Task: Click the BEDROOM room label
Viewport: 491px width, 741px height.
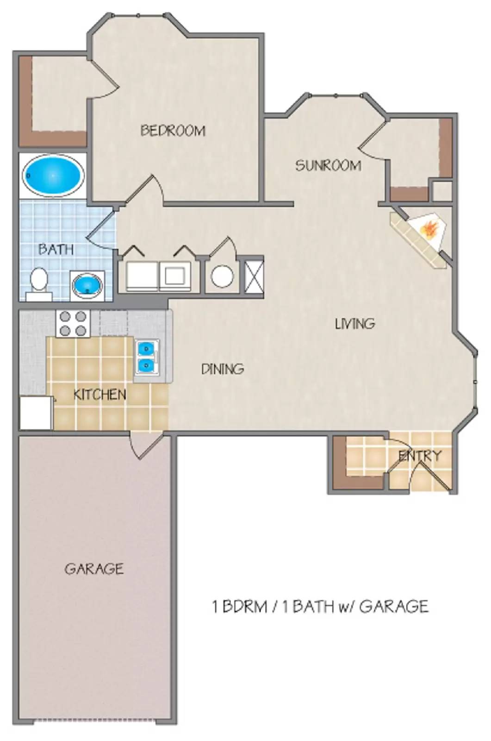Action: (173, 131)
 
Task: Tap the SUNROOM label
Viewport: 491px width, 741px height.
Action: (328, 165)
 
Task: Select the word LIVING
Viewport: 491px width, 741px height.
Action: (354, 323)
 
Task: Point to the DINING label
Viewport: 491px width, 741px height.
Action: (223, 369)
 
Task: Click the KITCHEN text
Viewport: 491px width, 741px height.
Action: (100, 395)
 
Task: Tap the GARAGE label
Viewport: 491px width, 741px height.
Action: (94, 568)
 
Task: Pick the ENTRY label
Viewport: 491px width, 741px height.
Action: (420, 456)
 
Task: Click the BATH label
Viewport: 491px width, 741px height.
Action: (56, 249)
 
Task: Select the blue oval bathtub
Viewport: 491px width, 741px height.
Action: (52, 176)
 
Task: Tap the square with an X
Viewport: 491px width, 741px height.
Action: (254, 276)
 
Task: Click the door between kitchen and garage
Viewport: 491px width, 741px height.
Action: (146, 445)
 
